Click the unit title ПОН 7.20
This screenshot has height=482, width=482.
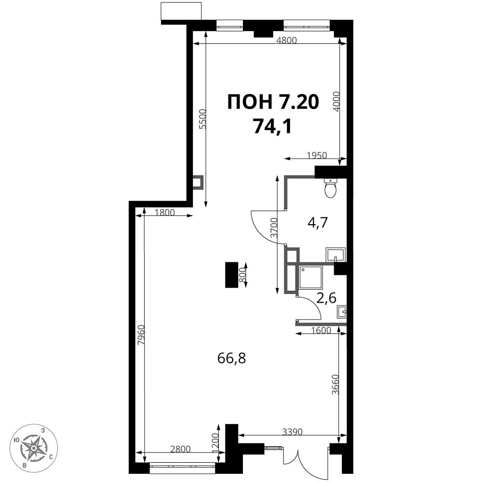click(x=273, y=102)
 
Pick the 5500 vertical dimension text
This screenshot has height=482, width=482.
click(x=203, y=119)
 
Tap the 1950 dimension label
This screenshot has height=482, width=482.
click(x=317, y=155)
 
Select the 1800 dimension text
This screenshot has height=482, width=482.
click(x=165, y=212)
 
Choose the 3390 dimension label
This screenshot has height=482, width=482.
click(x=292, y=432)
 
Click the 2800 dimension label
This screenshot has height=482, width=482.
click(x=181, y=449)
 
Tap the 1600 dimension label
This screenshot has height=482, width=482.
click(x=321, y=331)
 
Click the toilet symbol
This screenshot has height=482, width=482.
click(x=331, y=188)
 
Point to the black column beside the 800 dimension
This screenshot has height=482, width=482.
click(x=232, y=275)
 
